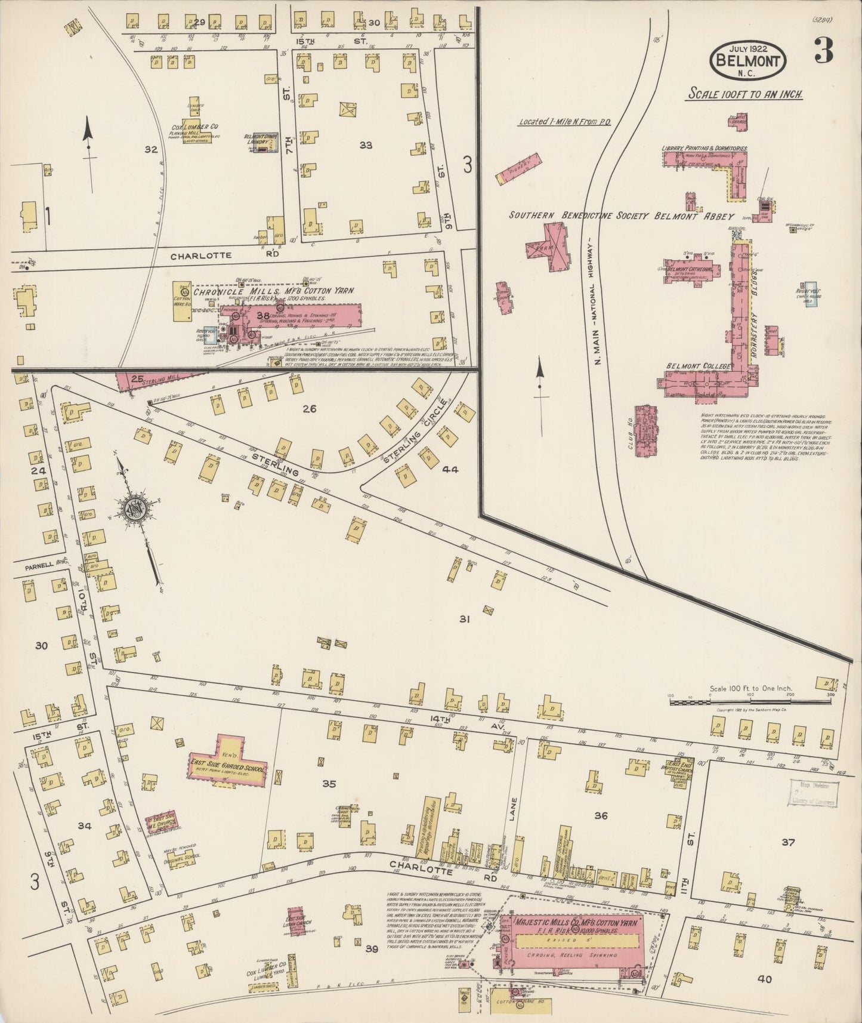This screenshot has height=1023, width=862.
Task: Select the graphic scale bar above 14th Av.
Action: [x=749, y=702]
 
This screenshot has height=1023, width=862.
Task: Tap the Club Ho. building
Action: [x=645, y=427]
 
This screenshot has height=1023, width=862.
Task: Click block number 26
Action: [x=309, y=409]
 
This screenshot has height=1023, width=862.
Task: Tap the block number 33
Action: [x=366, y=145]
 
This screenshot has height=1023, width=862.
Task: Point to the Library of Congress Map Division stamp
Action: [x=814, y=794]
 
